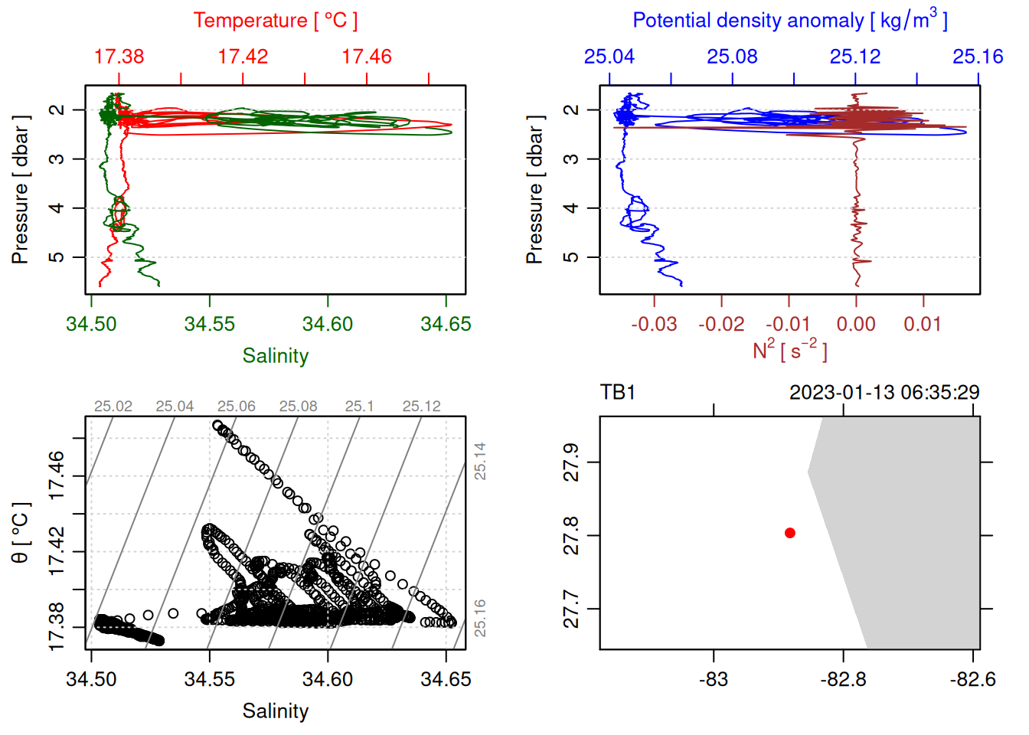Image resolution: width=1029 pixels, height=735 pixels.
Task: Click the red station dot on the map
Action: pyautogui.click(x=790, y=533)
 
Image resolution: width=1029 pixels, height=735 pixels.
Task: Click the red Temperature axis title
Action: pyautogui.click(x=275, y=21)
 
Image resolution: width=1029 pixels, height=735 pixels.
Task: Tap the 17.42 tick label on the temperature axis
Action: pyautogui.click(x=243, y=57)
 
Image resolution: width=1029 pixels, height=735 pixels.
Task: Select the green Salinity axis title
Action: pyautogui.click(x=275, y=356)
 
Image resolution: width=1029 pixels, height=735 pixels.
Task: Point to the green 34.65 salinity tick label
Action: pyautogui.click(x=446, y=324)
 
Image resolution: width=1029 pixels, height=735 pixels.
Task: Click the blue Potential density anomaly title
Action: pyautogui.click(x=789, y=21)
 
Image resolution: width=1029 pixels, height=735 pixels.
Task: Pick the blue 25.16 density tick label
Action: pyautogui.click(x=978, y=57)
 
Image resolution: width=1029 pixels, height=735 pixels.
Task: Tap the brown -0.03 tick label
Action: pyautogui.click(x=654, y=324)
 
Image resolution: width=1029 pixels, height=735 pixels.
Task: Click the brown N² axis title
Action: pyautogui.click(x=789, y=350)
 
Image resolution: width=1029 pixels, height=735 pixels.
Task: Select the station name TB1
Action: pyautogui.click(x=618, y=393)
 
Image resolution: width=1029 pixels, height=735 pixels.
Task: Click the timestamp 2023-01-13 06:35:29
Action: pyautogui.click(x=884, y=393)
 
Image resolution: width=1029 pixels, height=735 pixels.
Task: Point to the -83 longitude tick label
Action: pyautogui.click(x=714, y=679)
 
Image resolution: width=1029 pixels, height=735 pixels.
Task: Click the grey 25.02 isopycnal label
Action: pyautogui.click(x=113, y=407)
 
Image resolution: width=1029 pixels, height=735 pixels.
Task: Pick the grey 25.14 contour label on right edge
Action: pyautogui.click(x=480, y=461)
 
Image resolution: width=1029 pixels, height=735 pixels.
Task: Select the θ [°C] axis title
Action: pyautogui.click(x=21, y=533)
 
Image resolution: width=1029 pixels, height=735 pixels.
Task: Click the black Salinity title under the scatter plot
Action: pyautogui.click(x=275, y=711)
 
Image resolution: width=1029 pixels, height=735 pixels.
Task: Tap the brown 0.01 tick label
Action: pyautogui.click(x=923, y=324)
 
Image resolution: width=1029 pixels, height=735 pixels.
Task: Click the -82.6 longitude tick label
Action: pyautogui.click(x=973, y=679)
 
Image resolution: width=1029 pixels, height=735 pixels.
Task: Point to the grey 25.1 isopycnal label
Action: pyautogui.click(x=359, y=407)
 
